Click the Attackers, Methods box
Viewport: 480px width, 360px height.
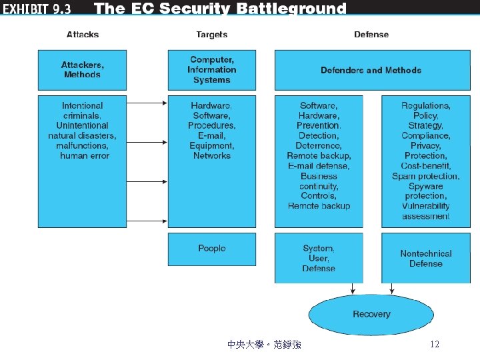point(82,70)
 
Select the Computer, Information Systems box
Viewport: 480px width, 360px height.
point(211,70)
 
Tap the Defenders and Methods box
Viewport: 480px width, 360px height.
point(371,70)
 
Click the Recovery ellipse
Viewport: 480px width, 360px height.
point(371,314)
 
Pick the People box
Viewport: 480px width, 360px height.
point(211,249)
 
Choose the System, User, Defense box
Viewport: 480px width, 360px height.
point(319,258)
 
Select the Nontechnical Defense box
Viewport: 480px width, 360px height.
point(425,258)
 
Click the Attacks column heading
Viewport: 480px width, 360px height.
point(82,35)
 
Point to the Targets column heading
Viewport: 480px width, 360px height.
point(211,35)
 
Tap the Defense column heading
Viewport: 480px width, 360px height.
point(371,35)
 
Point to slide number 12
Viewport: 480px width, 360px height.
point(435,344)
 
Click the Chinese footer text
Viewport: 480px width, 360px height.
point(264,344)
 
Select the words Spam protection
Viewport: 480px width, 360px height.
point(425,176)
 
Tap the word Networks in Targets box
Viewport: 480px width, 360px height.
point(211,155)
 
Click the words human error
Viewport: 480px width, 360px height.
point(84,155)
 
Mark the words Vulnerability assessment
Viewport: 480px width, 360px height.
point(425,211)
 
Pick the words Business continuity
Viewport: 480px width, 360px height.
point(319,181)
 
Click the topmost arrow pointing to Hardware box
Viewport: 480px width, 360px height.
point(147,102)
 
